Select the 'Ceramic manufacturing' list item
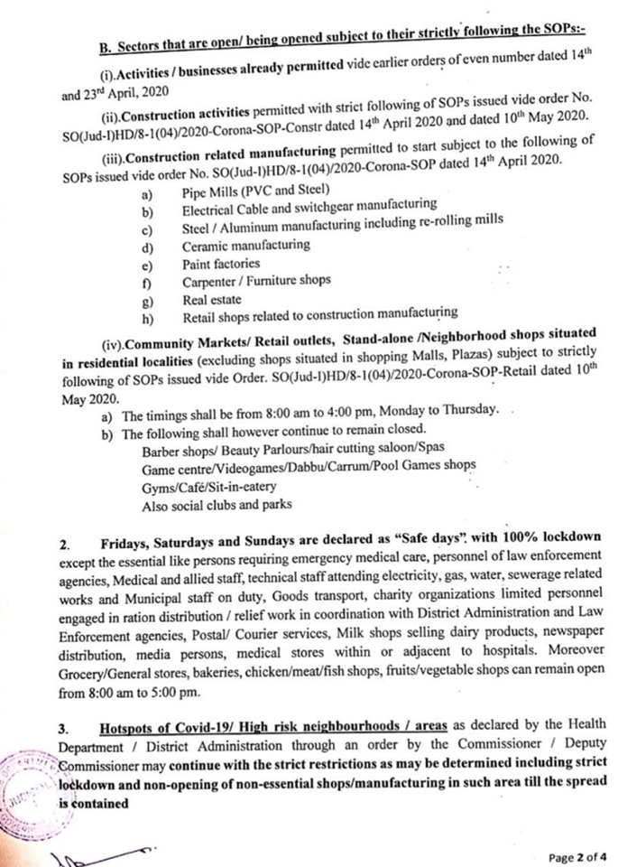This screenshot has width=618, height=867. [x=245, y=245]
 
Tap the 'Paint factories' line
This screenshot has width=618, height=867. [x=220, y=264]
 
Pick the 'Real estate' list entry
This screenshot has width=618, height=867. [x=210, y=300]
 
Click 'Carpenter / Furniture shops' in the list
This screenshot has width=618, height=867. [x=255, y=282]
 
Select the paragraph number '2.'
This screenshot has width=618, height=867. [x=64, y=546]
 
